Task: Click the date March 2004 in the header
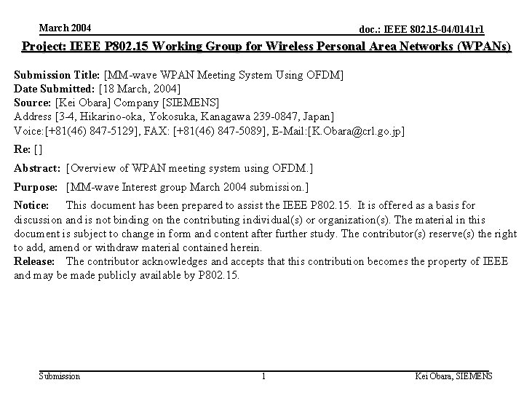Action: [x=65, y=28]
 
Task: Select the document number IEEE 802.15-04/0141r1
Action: [x=422, y=30]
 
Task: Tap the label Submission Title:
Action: [x=58, y=75]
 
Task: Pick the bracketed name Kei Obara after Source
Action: [x=84, y=102]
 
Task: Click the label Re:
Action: [x=23, y=149]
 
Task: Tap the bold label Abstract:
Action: [x=38, y=168]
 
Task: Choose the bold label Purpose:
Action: [x=38, y=188]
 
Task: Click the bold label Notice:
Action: [x=31, y=206]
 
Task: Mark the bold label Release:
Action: [x=34, y=261]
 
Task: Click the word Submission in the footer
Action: [x=60, y=376]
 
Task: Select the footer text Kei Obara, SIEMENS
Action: [x=453, y=376]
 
